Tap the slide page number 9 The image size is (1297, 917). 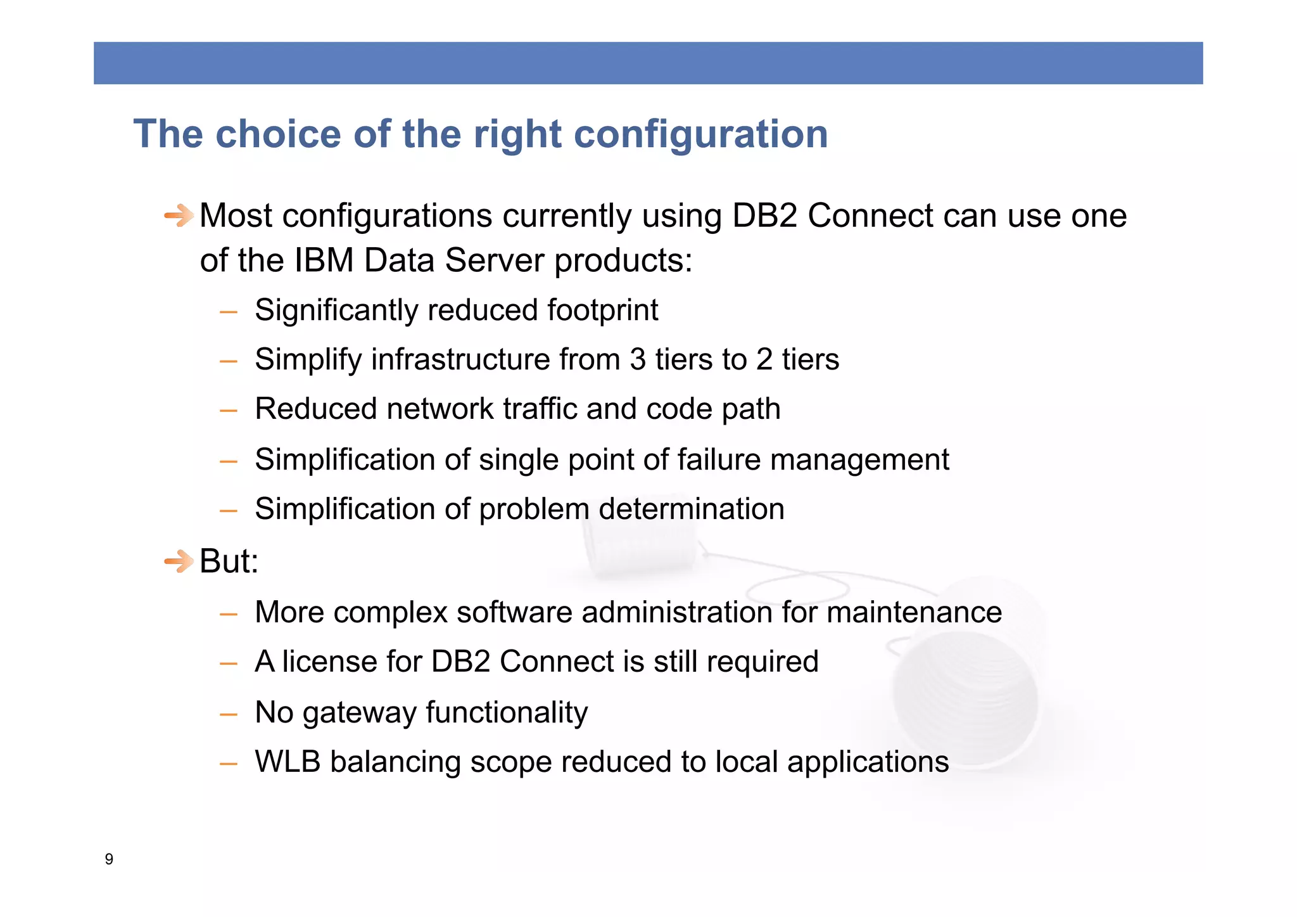[x=109, y=859]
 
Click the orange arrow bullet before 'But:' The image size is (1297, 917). [x=179, y=561]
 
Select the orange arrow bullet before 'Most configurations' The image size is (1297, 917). [x=179, y=215]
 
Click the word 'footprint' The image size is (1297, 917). [x=602, y=311]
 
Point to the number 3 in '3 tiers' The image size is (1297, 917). [x=637, y=360]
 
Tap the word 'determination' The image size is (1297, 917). [x=691, y=509]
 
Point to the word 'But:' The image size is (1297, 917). [x=229, y=561]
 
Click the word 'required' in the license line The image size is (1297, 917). [x=762, y=662]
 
